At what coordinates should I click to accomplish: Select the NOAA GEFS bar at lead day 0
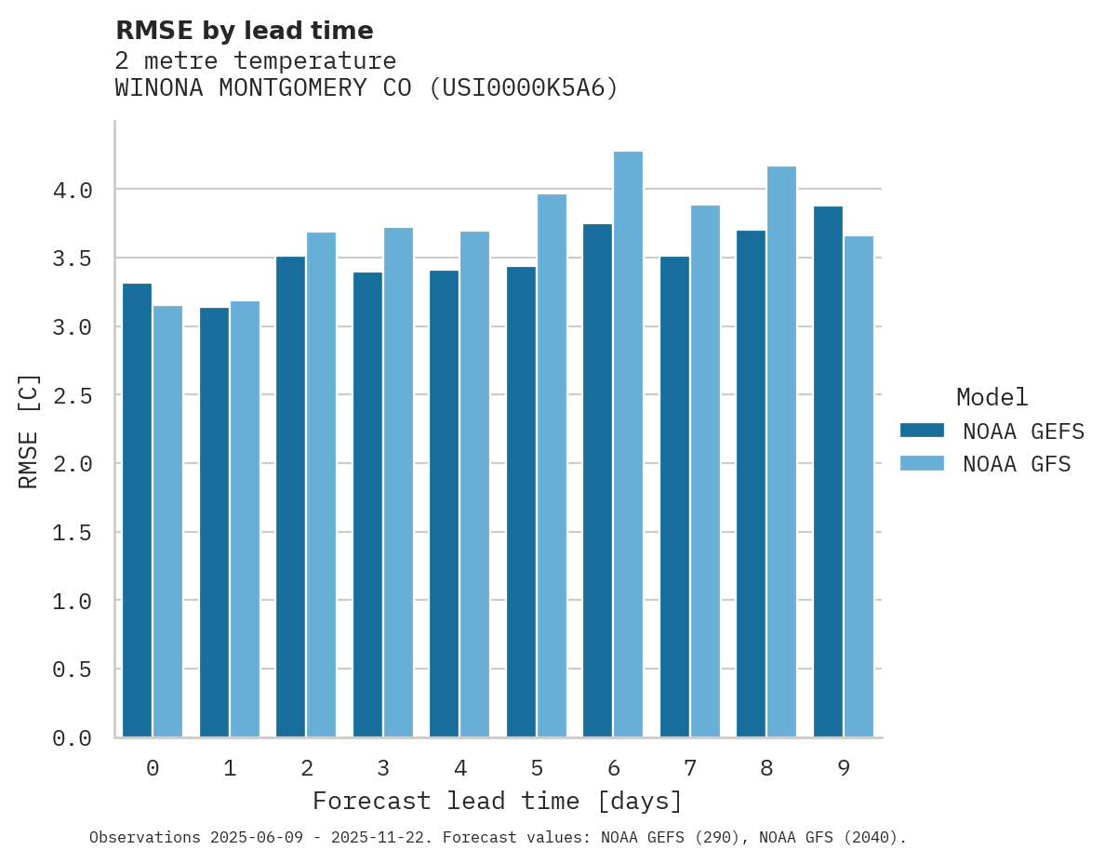point(138,511)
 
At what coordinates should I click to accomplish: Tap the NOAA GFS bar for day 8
point(781,452)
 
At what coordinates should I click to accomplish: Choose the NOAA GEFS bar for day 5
point(521,502)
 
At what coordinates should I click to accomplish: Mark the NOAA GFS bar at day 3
point(398,483)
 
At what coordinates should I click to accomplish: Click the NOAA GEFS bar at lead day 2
point(291,497)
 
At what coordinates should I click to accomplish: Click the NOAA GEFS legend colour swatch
point(922,431)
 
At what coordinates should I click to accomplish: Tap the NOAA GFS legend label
point(1017,464)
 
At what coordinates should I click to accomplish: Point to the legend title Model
point(992,397)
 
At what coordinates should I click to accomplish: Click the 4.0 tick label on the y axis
point(73,191)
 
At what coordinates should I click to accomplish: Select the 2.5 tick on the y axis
point(73,396)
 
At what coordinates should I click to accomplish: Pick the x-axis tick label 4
point(459,768)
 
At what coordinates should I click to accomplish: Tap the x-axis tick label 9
point(843,768)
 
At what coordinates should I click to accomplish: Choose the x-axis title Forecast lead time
point(498,801)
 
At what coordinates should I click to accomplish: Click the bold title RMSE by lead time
point(244,31)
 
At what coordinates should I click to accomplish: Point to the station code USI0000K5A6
point(523,88)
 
